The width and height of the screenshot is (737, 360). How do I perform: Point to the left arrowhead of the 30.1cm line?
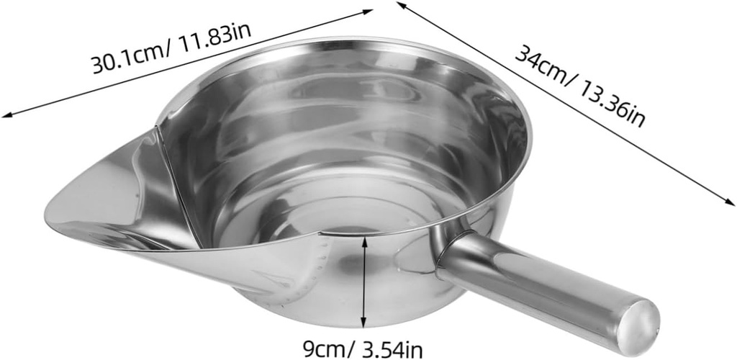6,114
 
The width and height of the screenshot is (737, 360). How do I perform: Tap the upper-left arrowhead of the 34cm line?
400,4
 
